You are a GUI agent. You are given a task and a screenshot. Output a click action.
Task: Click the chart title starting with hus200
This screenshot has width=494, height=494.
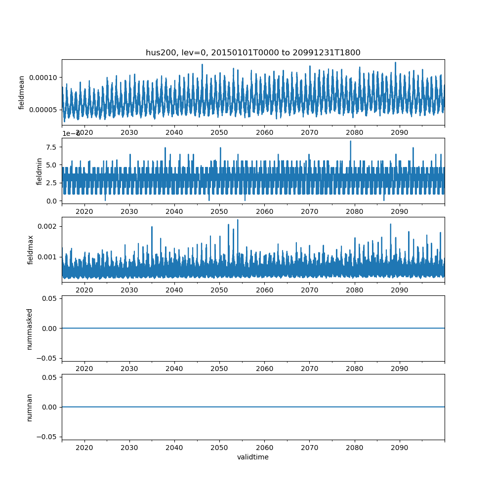click(253, 52)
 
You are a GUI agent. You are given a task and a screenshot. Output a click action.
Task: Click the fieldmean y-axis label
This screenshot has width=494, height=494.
click(22, 92)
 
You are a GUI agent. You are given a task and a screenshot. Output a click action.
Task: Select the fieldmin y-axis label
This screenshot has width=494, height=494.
click(40, 171)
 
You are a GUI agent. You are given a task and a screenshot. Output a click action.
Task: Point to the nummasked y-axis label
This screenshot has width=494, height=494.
click(30, 329)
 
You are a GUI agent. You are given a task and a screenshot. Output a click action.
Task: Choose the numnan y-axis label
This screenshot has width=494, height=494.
click(30, 407)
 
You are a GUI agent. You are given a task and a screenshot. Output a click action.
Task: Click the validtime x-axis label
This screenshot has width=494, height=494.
click(253, 457)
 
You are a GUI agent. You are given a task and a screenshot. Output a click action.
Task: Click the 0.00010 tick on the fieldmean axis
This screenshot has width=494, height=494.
click(43, 77)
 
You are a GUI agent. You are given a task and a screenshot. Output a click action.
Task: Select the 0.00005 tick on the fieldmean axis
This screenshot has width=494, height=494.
click(43, 109)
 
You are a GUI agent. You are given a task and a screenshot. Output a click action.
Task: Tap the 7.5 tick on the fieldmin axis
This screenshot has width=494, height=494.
click(51, 147)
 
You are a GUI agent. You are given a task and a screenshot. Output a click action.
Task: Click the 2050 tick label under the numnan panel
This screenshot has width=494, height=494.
click(219, 448)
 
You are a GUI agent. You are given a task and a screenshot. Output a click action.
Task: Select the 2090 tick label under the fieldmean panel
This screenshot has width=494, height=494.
click(399, 132)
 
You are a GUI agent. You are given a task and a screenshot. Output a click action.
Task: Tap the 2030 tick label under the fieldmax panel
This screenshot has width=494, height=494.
click(129, 290)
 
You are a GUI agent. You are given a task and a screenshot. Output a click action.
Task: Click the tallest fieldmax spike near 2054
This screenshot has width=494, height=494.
click(238, 220)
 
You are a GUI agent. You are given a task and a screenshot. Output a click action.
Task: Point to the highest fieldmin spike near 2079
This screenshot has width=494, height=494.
click(351, 141)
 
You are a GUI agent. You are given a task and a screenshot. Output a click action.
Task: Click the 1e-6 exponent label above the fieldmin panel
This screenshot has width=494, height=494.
click(71, 133)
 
